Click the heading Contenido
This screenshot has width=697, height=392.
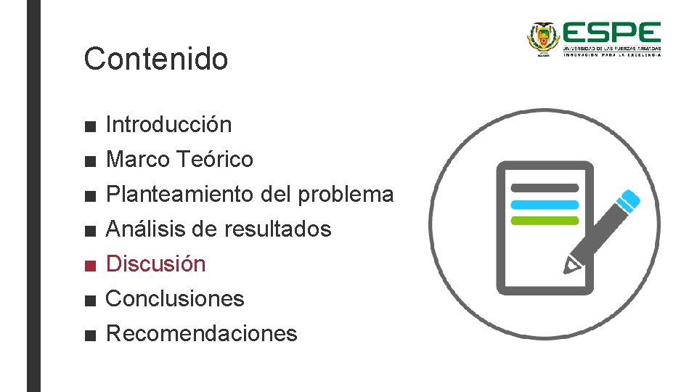click(x=155, y=59)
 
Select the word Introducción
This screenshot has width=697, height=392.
click(x=168, y=125)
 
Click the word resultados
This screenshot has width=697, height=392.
click(x=277, y=229)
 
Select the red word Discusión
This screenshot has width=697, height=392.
click(x=155, y=264)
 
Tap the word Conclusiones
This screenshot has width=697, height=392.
click(x=175, y=298)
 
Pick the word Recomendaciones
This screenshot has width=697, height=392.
click(x=201, y=334)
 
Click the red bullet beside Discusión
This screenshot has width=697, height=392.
click(x=89, y=265)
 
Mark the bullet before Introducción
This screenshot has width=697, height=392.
click(x=89, y=126)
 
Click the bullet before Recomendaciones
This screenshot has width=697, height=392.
click(x=89, y=335)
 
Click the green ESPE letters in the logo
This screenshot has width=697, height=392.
click(x=611, y=34)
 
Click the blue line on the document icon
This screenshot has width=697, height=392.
click(x=545, y=205)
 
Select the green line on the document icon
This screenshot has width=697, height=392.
click(x=545, y=220)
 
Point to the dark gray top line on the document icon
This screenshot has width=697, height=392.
click(x=545, y=188)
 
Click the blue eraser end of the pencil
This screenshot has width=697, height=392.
click(x=631, y=199)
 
